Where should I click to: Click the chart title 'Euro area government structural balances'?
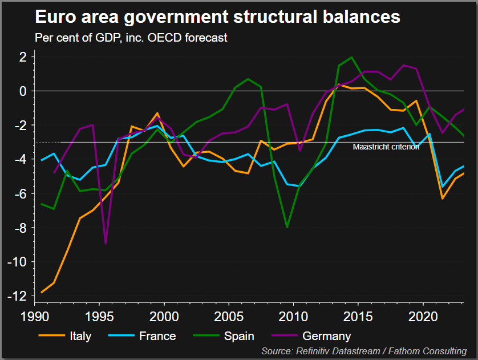(217, 17)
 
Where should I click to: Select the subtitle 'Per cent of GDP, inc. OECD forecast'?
(131, 38)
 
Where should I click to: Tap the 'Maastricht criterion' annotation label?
(386, 147)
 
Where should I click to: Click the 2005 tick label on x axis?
(229, 315)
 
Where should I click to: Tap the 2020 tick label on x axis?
(424, 315)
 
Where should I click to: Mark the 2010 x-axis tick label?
(294, 315)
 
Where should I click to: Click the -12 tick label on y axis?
(21, 296)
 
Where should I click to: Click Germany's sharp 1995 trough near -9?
(106, 243)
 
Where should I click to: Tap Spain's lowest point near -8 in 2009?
(287, 227)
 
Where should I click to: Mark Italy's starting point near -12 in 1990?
(42, 292)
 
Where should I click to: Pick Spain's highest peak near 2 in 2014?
(351, 57)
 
